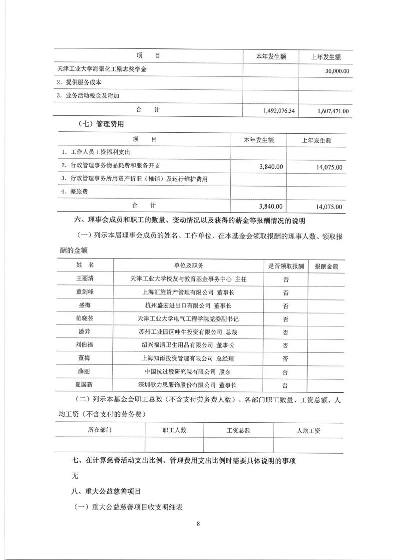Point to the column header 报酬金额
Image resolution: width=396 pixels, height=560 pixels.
click(326, 266)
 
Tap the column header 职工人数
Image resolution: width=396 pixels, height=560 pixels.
click(174, 430)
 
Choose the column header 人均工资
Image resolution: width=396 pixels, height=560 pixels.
click(308, 430)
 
